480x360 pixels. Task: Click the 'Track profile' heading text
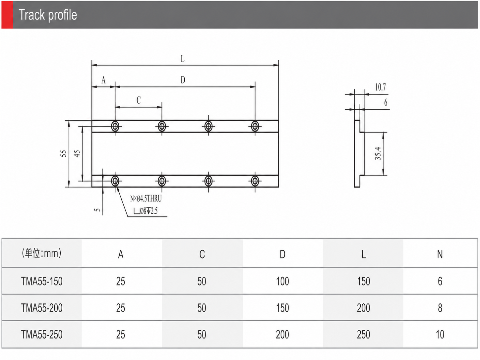(48, 15)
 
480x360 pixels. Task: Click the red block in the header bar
(7, 15)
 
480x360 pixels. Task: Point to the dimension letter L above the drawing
(183, 59)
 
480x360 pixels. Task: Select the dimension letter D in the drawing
(183, 80)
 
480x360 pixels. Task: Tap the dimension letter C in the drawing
(139, 100)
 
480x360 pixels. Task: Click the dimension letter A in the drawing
(103, 80)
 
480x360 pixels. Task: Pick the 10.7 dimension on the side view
(381, 87)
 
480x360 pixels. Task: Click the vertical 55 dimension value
(63, 153)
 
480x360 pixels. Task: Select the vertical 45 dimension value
(77, 153)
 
